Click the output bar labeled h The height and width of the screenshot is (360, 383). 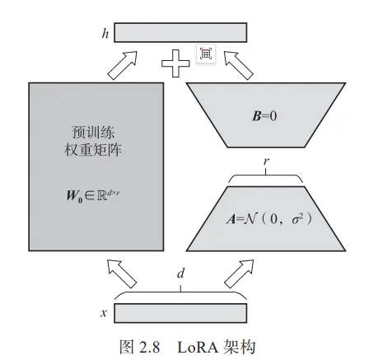tap(180, 32)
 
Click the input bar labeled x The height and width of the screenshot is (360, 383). tap(180, 313)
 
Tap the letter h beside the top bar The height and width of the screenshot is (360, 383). tap(105, 34)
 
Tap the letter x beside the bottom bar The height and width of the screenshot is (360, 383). tap(104, 313)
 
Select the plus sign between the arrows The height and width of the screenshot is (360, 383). tap(175, 63)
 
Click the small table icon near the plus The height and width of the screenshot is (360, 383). tap(206, 54)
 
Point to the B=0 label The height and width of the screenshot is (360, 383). tap(264, 115)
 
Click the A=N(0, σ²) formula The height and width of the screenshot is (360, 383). tap(269, 219)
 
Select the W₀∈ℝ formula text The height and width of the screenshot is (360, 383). tap(93, 195)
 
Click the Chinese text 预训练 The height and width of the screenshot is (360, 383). tap(93, 133)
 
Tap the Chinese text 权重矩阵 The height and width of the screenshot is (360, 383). tap(93, 150)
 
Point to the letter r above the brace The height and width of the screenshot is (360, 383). tap(266, 161)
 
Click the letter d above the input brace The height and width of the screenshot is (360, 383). tap(180, 274)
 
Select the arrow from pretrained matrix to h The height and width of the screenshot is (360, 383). tap(123, 65)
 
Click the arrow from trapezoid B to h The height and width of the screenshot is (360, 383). tap(239, 65)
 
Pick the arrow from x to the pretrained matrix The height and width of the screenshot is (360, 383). tap(122, 274)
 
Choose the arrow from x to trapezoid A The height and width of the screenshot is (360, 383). tap(239, 274)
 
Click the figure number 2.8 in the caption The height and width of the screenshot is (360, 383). tap(150, 347)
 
